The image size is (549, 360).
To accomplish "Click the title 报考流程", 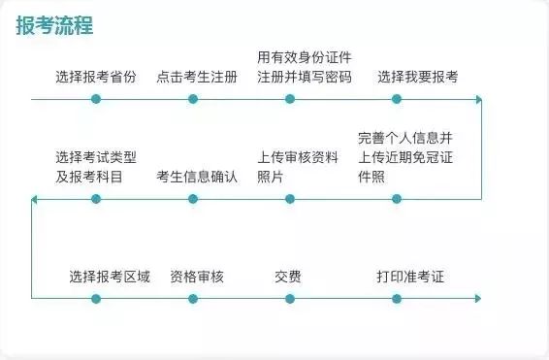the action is point(54,25).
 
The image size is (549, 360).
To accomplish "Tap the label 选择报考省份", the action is point(96,77).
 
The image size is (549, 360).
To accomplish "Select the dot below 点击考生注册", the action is point(193,99).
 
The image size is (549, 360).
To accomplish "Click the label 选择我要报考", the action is point(418,77).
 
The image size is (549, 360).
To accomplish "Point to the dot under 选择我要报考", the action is point(397,99).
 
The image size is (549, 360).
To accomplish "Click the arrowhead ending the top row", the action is point(479,99).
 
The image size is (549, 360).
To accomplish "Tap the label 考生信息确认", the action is point(197,177).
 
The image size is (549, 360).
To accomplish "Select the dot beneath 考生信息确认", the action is point(193,199).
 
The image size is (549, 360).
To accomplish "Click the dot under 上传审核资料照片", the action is point(290,199).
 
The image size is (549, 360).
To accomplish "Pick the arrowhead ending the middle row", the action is point(34,199).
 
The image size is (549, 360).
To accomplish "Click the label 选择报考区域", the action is point(110,277).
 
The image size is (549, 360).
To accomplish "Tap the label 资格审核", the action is point(197,277).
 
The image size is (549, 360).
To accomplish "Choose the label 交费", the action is point(288,277).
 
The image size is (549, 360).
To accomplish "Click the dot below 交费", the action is point(290,299).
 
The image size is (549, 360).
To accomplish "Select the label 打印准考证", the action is point(410,277).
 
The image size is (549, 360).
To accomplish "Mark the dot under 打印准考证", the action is point(397,299).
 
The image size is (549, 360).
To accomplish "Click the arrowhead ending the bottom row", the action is point(478,299).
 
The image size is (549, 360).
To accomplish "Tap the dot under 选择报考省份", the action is point(96,99).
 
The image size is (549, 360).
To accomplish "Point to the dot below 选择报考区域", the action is point(96,299).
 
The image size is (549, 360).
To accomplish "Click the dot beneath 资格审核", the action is point(193,299).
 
